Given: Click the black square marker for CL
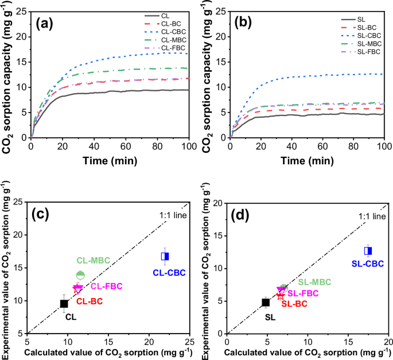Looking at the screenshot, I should click(64, 304).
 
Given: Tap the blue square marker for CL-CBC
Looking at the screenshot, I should click(165, 256).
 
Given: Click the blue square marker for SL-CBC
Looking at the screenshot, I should click(368, 250).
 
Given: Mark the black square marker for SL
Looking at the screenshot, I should click(266, 302).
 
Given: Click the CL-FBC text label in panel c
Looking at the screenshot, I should click(106, 286).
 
